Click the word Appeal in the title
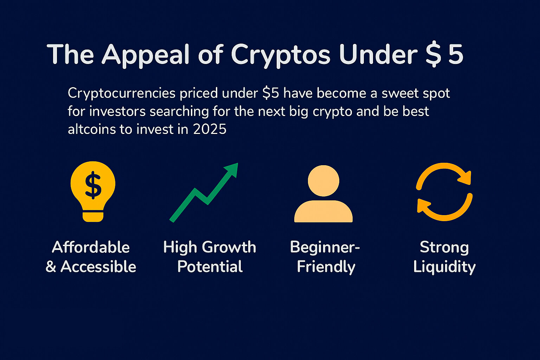coord(146,55)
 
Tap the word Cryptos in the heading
coord(281,55)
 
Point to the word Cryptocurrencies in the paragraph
coord(121,94)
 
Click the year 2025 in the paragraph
coord(210,129)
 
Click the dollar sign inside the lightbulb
coord(93,185)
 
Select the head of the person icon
coord(323,181)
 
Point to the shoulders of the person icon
coord(323,212)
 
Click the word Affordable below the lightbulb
coord(91,247)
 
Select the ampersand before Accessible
coord(51,266)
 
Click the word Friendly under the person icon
coord(326,266)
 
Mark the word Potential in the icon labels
coord(210,266)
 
